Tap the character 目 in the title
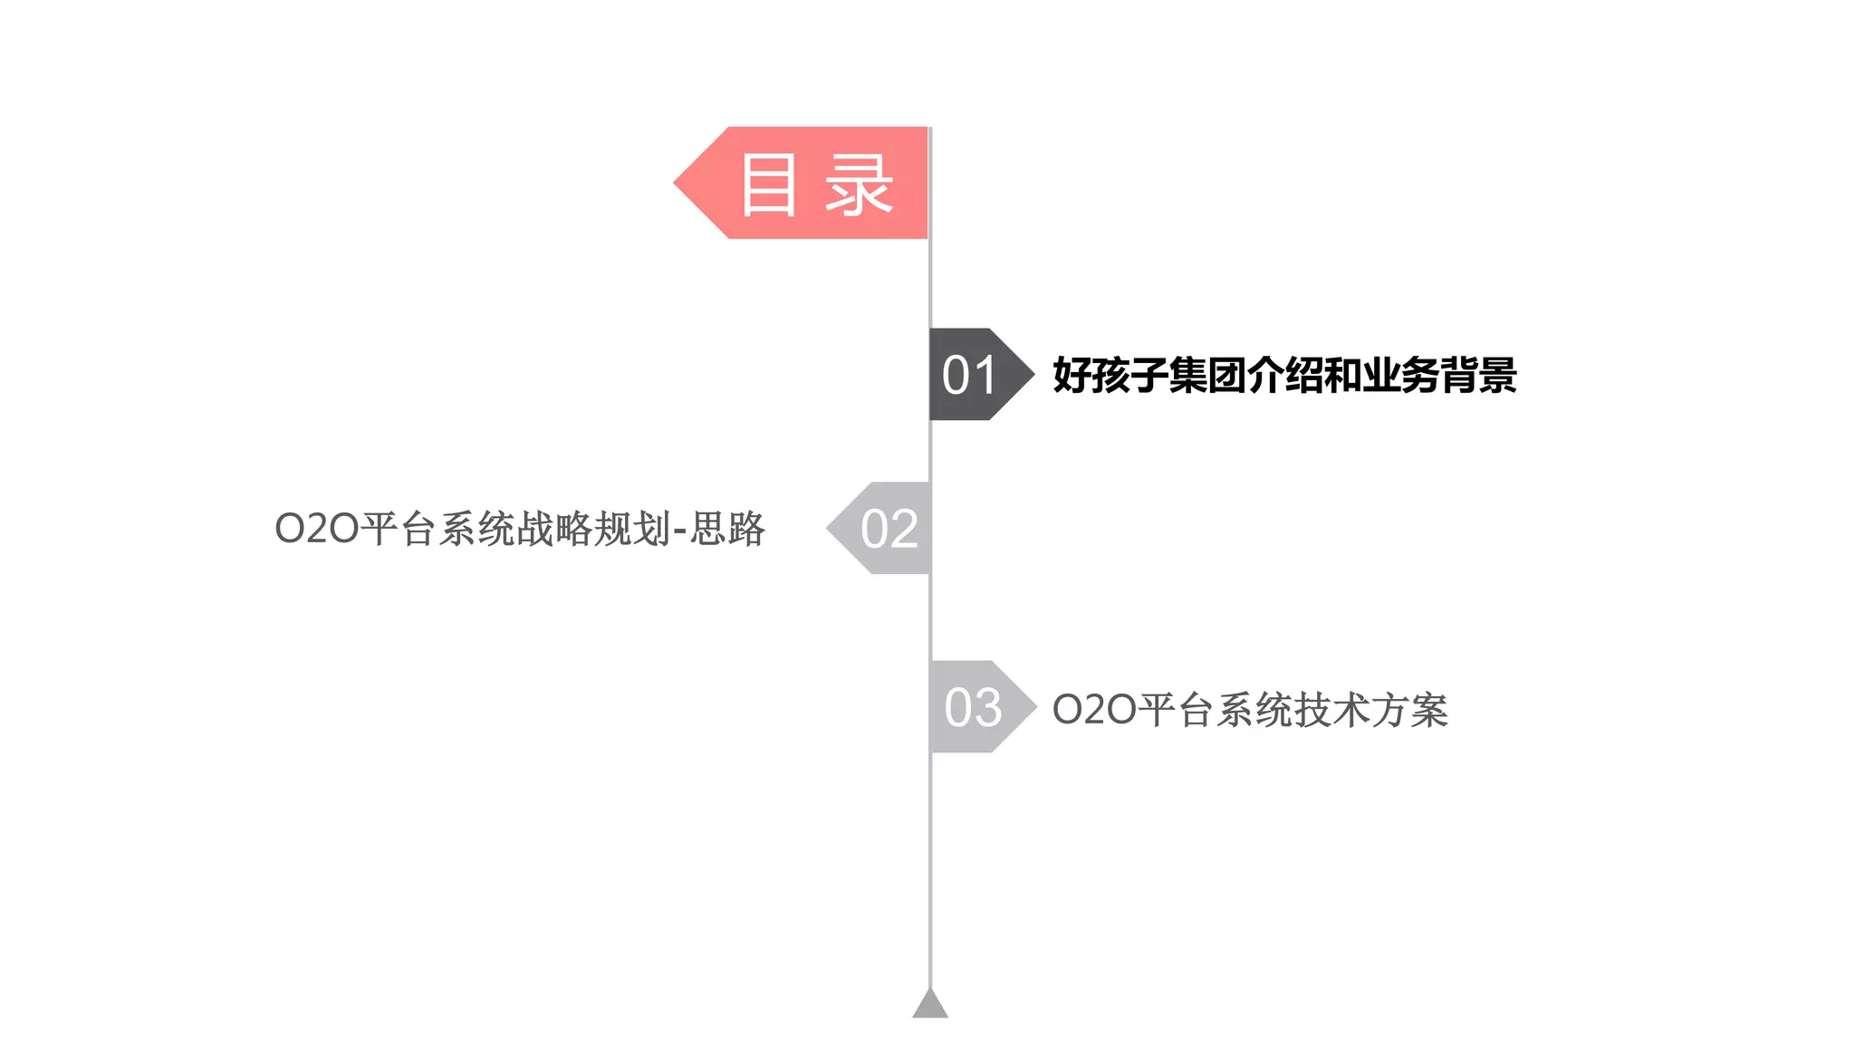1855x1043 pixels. coord(769,185)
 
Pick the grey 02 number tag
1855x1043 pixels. coord(888,528)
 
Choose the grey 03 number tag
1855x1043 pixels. coord(973,707)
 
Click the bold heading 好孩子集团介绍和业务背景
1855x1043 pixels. coord(1284,375)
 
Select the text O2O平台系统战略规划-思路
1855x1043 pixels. coord(520,529)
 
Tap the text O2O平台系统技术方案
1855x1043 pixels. coord(1250,710)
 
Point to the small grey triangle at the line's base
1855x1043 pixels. coord(930,1004)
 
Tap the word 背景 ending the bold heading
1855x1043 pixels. coord(1479,375)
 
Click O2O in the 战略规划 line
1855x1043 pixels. coord(317,529)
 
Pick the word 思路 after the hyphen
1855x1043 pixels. coord(728,529)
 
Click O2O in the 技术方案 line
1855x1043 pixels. coord(1094,710)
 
